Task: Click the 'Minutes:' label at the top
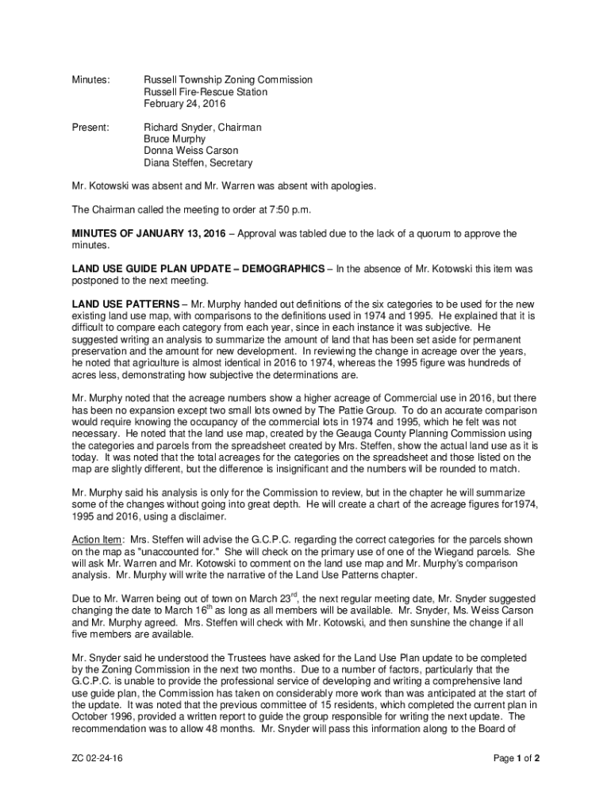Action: tap(90, 80)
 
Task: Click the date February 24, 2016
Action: tap(184, 104)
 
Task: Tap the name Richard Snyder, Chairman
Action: tap(202, 127)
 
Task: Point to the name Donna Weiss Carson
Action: tap(190, 151)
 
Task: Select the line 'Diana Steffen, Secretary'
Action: tap(198, 163)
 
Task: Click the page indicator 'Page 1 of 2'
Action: tap(517, 759)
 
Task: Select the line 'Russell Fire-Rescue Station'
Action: tap(205, 92)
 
